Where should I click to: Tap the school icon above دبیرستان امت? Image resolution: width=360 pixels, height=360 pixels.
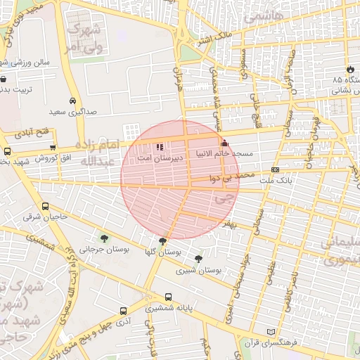160,148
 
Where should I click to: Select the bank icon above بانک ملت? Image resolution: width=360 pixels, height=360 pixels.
275,169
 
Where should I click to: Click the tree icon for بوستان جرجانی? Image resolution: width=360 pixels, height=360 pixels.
105,238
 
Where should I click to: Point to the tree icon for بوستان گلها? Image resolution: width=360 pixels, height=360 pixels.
163,240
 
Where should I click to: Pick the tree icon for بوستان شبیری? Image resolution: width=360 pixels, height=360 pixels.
198,259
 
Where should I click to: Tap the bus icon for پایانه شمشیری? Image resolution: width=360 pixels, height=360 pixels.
167,297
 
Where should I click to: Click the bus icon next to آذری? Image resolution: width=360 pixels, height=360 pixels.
124,310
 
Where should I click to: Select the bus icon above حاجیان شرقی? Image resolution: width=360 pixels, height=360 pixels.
46,206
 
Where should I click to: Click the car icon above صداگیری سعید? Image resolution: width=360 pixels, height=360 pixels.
74,100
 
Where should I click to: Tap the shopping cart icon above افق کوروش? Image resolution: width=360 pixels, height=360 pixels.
53,147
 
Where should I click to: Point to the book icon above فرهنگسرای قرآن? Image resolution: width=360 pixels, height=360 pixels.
272,332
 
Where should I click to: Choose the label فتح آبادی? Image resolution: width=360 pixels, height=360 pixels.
29,131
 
